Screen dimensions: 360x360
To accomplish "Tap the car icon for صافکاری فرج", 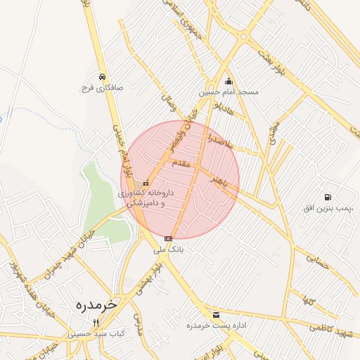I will pyautogui.click(x=103, y=77).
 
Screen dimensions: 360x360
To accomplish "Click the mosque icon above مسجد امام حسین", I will pyautogui.click(x=228, y=80).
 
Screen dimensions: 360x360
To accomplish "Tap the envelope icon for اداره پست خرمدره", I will pyautogui.click(x=215, y=314).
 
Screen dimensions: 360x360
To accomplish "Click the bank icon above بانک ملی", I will pyautogui.click(x=168, y=238).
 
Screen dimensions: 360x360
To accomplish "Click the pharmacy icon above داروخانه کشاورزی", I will pyautogui.click(x=146, y=183).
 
